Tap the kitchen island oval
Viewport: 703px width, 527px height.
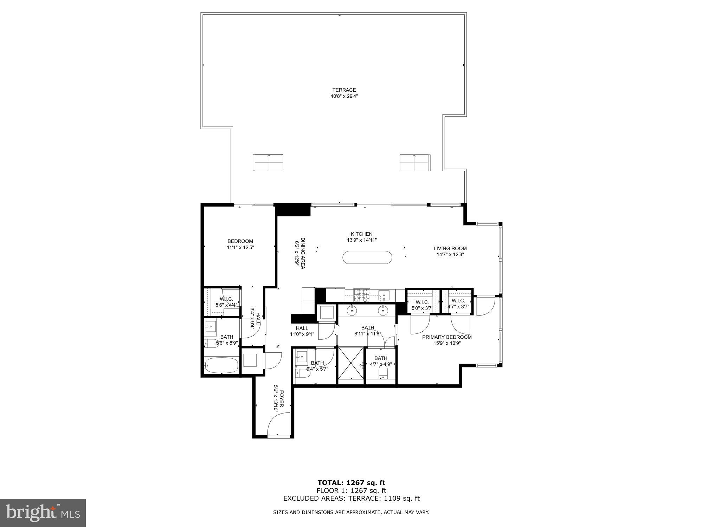click(x=367, y=258)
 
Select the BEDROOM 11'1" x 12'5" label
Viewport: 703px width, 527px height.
click(x=240, y=244)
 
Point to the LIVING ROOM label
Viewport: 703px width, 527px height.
click(x=450, y=251)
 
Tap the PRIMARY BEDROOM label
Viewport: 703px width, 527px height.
click(x=447, y=340)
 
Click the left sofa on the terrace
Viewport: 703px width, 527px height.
click(x=268, y=163)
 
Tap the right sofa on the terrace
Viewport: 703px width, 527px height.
click(x=415, y=163)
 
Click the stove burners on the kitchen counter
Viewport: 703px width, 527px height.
click(x=362, y=295)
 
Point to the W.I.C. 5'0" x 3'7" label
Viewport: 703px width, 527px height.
click(x=422, y=305)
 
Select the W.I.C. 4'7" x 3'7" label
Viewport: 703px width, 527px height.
click(x=458, y=304)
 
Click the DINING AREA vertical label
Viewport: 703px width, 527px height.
click(x=299, y=253)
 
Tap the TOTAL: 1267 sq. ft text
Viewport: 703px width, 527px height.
click(x=351, y=483)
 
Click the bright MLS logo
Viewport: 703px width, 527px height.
click(x=43, y=513)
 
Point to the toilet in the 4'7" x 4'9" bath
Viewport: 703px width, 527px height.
click(x=383, y=374)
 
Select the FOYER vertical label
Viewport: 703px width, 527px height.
click(x=278, y=399)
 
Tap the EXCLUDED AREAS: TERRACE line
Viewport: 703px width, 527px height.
click(x=351, y=498)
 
